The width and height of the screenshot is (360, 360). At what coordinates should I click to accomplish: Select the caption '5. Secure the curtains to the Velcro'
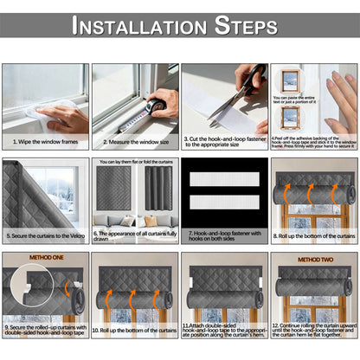pyautogui.click(x=44, y=234)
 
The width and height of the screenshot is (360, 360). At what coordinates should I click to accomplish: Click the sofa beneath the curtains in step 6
pyautogui.click(x=133, y=220)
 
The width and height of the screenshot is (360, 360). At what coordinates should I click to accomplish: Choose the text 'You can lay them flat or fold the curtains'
pyautogui.click(x=134, y=161)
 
